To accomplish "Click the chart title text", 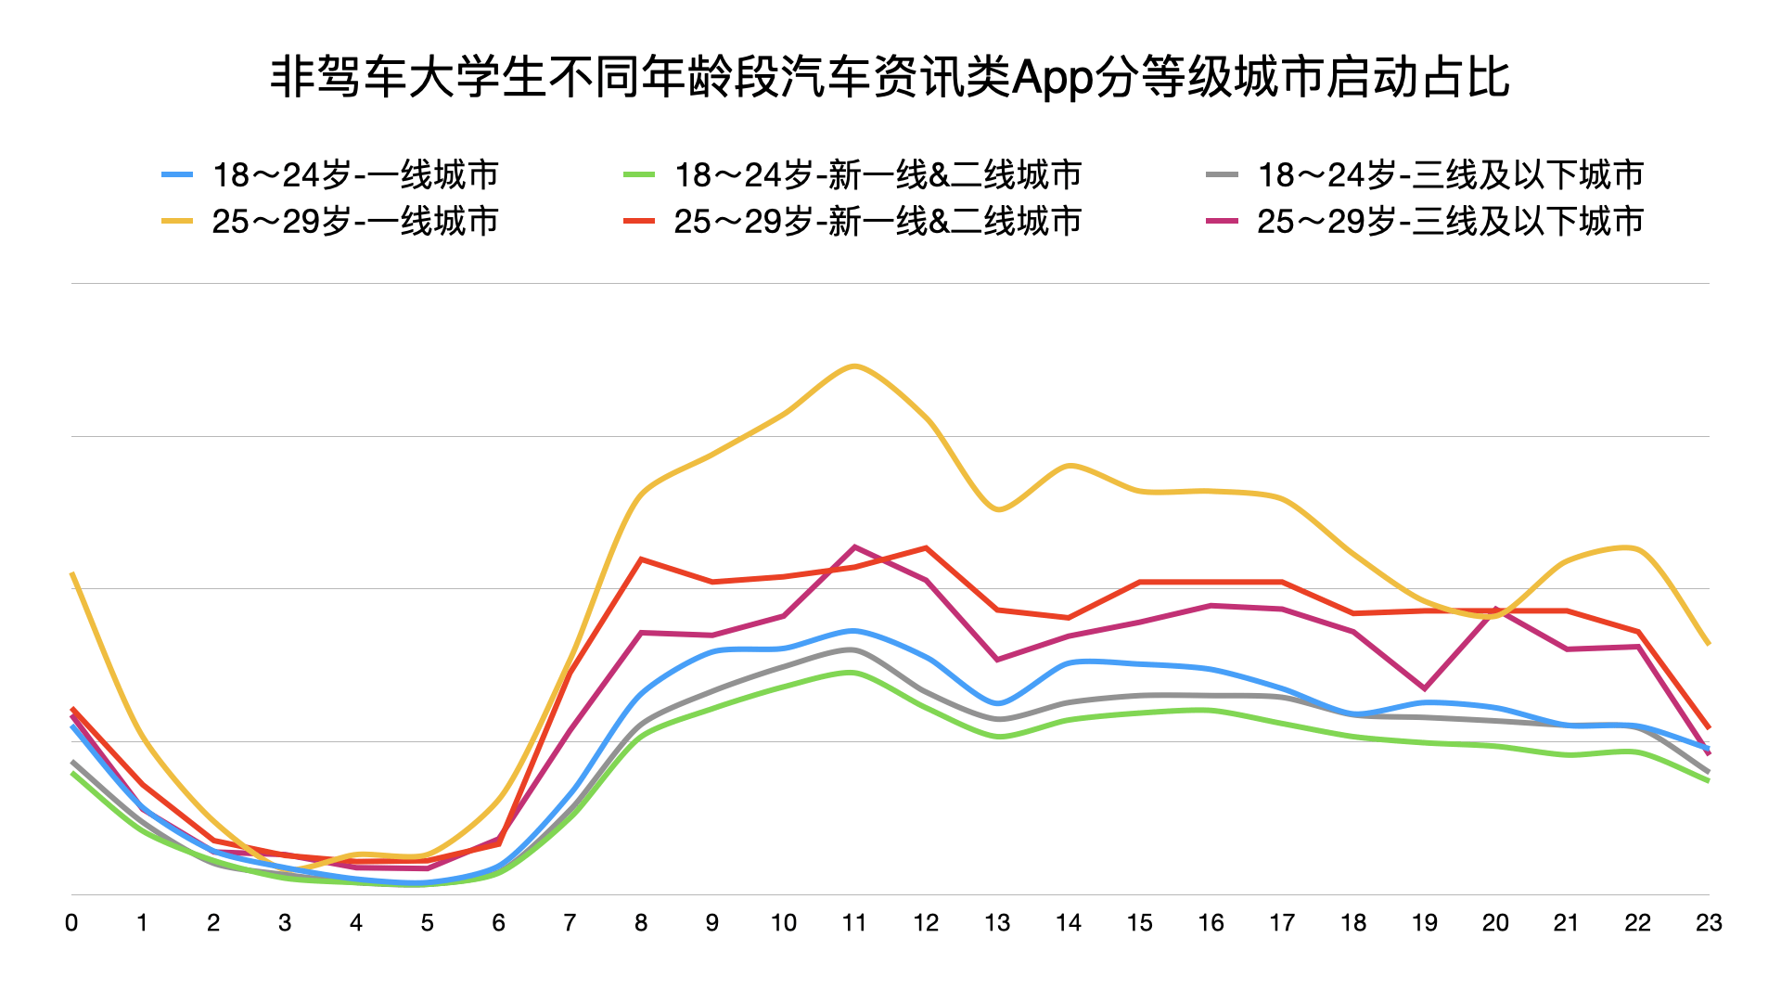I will tap(890, 77).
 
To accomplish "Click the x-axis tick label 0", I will tap(71, 923).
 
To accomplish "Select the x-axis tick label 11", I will tap(854, 923).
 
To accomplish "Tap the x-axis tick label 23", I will tap(1709, 923).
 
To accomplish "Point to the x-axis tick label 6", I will tap(498, 923).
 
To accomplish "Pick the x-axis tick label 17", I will tap(1282, 923).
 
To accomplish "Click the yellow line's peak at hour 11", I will tap(854, 366).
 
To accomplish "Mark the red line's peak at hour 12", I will tap(926, 548).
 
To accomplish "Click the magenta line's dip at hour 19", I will tap(1424, 688).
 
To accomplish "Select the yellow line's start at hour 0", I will tap(72, 574).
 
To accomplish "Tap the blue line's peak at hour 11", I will tap(854, 631).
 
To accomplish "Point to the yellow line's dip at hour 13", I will tap(997, 509).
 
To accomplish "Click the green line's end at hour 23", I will tap(1708, 780).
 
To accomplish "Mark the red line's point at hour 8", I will tap(641, 559).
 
